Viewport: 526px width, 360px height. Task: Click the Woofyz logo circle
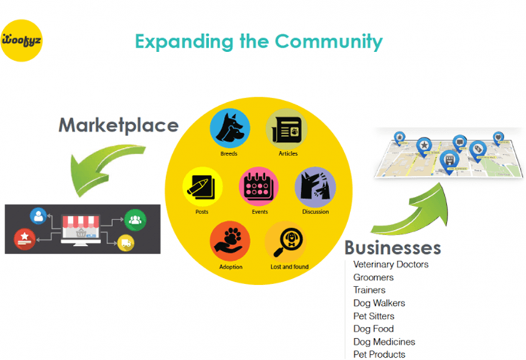pos(22,41)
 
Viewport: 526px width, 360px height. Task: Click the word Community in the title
pos(329,41)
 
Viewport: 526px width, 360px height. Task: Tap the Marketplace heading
pos(119,126)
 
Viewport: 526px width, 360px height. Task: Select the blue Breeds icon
pos(230,129)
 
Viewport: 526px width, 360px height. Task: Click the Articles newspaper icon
pos(286,129)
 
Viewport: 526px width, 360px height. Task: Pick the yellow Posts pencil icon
pos(202,187)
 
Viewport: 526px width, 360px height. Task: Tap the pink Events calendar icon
pos(258,187)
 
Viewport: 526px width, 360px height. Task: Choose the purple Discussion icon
pos(315,187)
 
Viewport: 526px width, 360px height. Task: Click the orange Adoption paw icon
pos(230,241)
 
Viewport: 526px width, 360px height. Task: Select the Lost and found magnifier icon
pos(286,241)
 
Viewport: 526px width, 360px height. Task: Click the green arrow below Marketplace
pos(104,168)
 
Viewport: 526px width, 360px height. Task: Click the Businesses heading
pos(392,248)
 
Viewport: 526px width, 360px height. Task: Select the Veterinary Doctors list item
pos(391,265)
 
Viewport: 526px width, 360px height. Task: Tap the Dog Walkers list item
pos(379,304)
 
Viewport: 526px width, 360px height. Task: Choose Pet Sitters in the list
pos(373,316)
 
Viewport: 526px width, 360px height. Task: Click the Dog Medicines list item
pos(384,342)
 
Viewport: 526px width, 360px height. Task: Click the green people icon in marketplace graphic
pos(135,220)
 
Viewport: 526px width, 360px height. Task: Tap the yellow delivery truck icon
pos(125,243)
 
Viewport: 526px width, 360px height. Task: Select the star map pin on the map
pos(424,147)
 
